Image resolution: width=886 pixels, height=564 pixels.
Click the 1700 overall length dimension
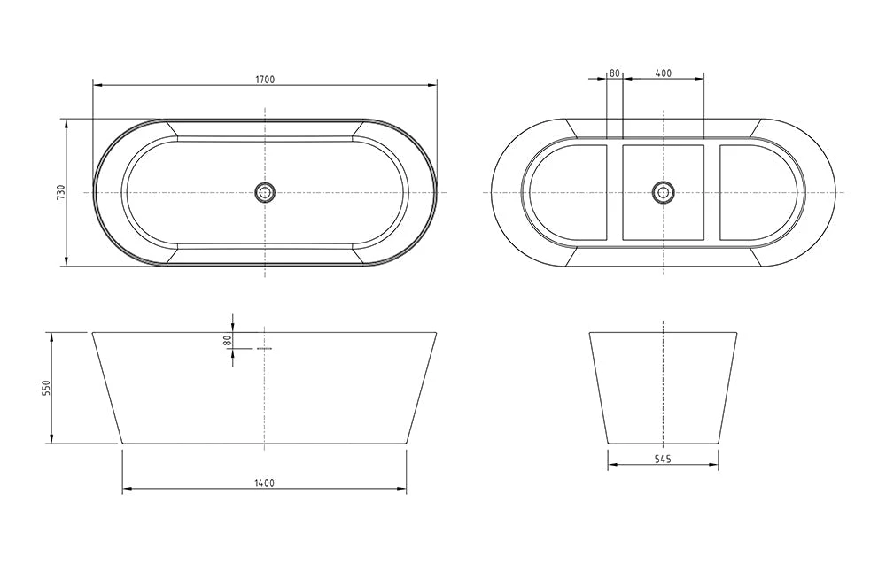(265, 80)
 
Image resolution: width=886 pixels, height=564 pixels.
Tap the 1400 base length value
(265, 483)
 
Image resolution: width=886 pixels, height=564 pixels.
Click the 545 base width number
(663, 459)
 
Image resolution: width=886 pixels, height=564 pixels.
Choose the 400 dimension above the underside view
(663, 73)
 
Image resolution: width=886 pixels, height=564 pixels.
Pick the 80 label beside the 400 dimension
(614, 73)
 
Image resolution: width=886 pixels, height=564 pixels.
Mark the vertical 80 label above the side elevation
(227, 339)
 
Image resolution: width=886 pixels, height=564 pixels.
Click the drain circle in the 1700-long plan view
(265, 191)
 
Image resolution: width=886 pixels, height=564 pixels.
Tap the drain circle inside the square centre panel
(663, 191)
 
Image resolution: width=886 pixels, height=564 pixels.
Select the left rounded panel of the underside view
(567, 192)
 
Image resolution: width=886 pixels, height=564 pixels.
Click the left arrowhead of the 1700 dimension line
(97, 85)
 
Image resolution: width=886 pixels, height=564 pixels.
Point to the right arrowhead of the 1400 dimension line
(403, 488)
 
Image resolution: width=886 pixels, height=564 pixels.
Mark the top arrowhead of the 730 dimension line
(66, 122)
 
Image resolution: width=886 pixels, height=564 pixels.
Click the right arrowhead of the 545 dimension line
(715, 465)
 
